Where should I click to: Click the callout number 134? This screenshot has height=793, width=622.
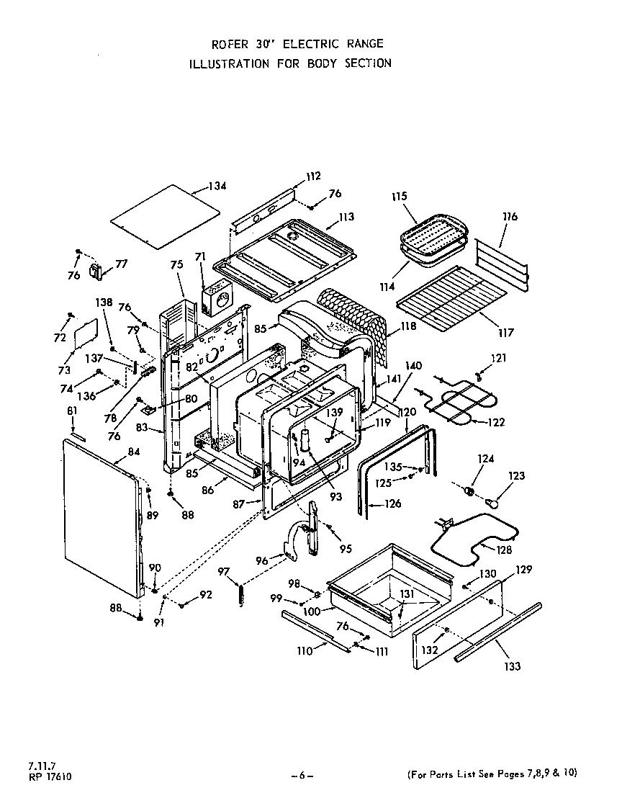coord(217,187)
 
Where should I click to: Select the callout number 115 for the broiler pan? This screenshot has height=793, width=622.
coord(400,196)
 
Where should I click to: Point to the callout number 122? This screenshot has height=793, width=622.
coord(497,422)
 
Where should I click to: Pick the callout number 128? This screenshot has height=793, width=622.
coord(504,550)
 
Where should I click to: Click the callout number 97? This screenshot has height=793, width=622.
coord(224,571)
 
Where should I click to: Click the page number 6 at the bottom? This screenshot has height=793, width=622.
coord(302,775)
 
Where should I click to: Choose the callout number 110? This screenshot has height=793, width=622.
coord(304,651)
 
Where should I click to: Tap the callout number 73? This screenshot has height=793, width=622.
coord(64,370)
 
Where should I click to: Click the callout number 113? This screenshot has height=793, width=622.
coord(347,216)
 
